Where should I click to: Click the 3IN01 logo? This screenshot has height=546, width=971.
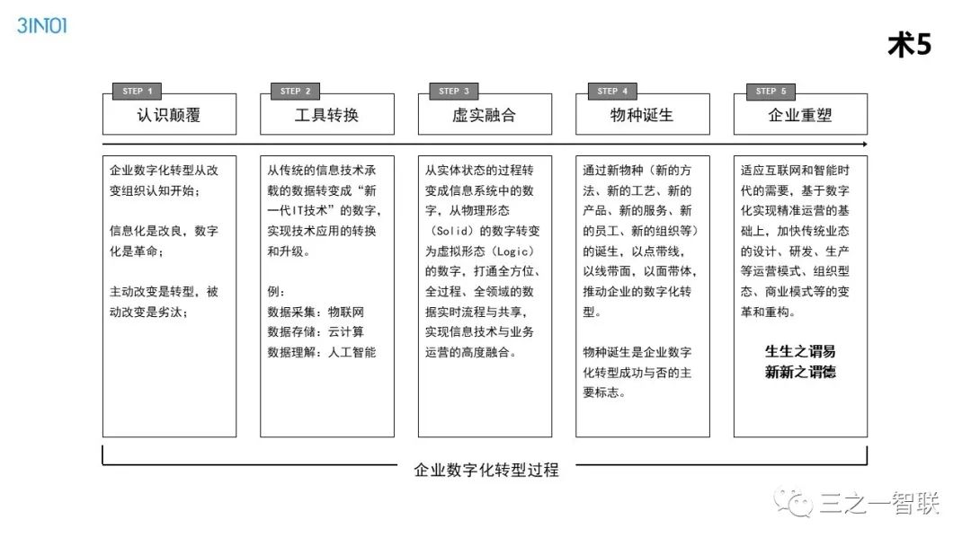[x=41, y=25]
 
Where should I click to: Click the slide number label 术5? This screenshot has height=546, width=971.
[x=909, y=46]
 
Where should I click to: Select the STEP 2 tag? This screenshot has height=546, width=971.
[x=296, y=91]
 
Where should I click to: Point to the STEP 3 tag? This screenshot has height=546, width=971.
[x=454, y=91]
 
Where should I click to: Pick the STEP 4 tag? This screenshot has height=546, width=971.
[x=612, y=91]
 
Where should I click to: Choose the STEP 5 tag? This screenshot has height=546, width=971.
[x=771, y=91]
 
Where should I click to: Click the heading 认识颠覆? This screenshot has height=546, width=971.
[x=169, y=115]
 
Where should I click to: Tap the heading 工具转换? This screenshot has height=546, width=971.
[x=326, y=115]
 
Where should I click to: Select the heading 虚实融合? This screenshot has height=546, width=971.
[x=485, y=115]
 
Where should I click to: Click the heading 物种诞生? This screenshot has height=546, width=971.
[x=642, y=115]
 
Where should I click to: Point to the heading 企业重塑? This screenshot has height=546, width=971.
[x=800, y=115]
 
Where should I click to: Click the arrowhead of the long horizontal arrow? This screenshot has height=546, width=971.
[x=865, y=144]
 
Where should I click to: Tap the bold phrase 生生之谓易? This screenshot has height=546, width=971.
[x=800, y=350]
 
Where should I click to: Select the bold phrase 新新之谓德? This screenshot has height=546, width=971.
[x=800, y=372]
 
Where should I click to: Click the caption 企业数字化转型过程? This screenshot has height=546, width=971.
[x=485, y=470]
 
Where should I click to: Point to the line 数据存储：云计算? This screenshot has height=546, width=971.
[x=316, y=331]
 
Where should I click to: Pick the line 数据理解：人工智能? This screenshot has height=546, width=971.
[x=322, y=352]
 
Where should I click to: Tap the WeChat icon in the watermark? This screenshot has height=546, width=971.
[x=795, y=504]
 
